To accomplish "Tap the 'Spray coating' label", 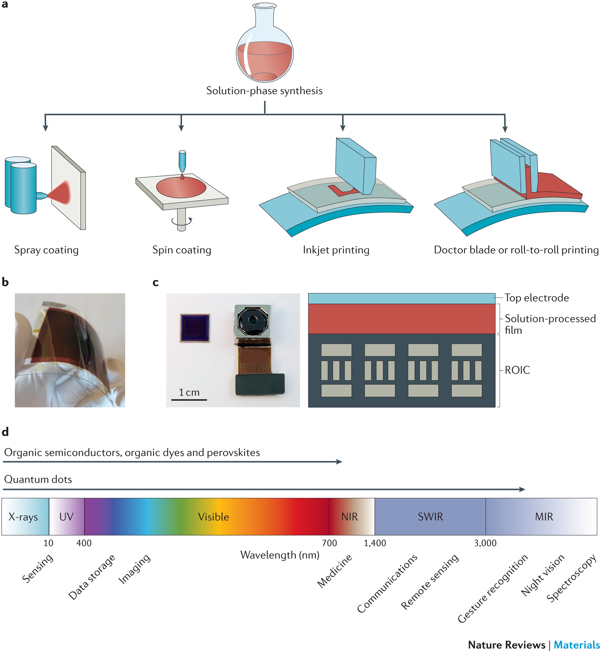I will (x=46, y=250).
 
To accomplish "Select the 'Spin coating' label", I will (x=181, y=250).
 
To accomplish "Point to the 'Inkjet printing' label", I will (x=336, y=250).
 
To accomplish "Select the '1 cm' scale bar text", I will (x=189, y=393).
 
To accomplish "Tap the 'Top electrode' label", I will (x=536, y=298).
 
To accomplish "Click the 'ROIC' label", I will (x=517, y=370).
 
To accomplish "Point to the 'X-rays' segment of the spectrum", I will (x=23, y=517).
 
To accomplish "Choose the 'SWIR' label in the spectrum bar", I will (x=430, y=517).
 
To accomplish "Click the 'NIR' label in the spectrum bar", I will (x=349, y=517).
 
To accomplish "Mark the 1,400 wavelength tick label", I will (x=375, y=543).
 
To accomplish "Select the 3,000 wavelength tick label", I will (x=485, y=543).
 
